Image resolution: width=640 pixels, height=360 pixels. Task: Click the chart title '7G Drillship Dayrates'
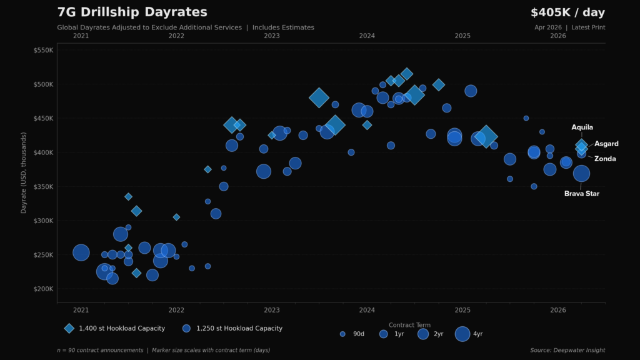click(x=132, y=12)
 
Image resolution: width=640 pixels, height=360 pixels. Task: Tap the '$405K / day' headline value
click(x=567, y=12)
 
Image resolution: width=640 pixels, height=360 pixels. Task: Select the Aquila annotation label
click(x=582, y=127)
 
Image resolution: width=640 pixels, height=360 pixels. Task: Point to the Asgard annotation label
click(x=606, y=144)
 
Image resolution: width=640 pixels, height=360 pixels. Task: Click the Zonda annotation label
click(x=604, y=159)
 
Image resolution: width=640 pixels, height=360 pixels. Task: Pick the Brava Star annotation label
click(x=581, y=194)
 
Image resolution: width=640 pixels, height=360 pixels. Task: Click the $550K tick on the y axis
click(x=44, y=50)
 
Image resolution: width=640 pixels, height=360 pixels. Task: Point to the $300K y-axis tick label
click(x=44, y=221)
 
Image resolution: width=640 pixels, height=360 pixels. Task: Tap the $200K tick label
click(x=44, y=289)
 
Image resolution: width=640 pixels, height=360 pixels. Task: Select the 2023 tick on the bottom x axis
click(x=272, y=310)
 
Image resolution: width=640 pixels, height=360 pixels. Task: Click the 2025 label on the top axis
click(x=462, y=36)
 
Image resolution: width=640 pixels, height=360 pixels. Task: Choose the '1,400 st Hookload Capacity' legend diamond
click(x=69, y=328)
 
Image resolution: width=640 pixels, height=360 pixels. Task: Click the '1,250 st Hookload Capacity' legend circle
click(x=186, y=328)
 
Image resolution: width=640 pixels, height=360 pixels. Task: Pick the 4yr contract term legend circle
click(x=462, y=334)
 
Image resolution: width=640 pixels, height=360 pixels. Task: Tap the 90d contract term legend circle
click(x=342, y=334)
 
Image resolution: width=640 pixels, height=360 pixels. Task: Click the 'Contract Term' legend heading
click(x=409, y=325)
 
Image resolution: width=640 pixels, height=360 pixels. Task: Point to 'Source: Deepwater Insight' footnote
click(x=567, y=350)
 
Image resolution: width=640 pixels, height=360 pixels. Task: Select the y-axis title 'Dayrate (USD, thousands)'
click(x=24, y=172)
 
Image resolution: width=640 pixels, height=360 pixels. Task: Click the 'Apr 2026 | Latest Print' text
click(x=569, y=27)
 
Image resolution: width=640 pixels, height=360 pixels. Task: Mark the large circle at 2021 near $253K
click(x=81, y=252)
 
